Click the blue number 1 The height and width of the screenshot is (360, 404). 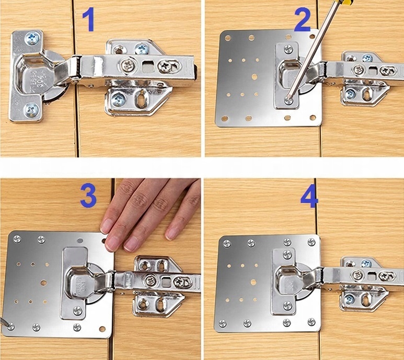point(88,19)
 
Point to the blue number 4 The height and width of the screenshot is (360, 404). point(309,196)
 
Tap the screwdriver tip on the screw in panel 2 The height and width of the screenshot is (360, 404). point(288,99)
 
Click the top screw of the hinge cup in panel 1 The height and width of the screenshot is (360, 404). point(32,38)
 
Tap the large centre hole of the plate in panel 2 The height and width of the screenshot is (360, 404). point(255,76)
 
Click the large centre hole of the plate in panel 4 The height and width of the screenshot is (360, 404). point(253,282)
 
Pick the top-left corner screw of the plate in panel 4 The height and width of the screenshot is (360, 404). point(227,243)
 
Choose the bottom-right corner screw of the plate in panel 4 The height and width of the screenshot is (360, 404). point(311,322)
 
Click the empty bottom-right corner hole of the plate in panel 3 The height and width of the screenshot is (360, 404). point(102,329)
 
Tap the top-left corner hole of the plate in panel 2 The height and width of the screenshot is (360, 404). point(227,38)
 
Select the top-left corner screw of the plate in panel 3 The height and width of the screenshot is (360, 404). point(17,239)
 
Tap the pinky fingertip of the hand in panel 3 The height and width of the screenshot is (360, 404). point(171,234)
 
